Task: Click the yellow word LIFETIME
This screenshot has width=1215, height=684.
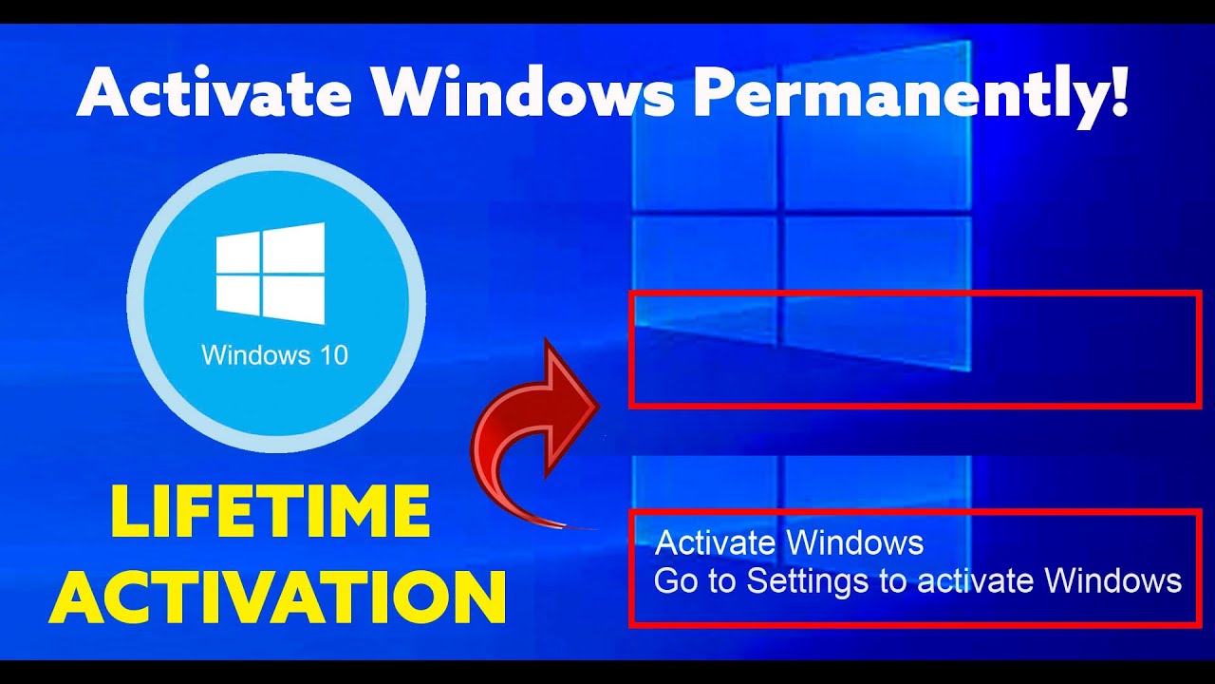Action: [x=270, y=512]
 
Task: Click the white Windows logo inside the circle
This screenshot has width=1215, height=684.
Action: [x=271, y=274]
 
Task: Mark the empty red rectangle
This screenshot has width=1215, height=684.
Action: [x=915, y=350]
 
